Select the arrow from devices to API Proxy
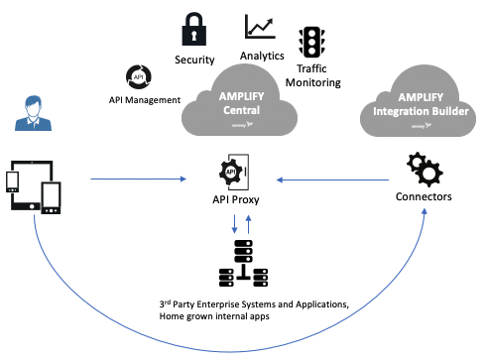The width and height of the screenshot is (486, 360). pos(139,180)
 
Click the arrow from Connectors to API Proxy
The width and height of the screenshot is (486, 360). pos(331,180)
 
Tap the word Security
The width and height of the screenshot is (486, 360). pos(195,60)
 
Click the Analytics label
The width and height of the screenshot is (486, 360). pos(263,57)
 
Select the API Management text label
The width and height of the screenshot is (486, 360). pos(145,100)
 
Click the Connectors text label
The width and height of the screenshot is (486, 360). pos(423,197)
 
